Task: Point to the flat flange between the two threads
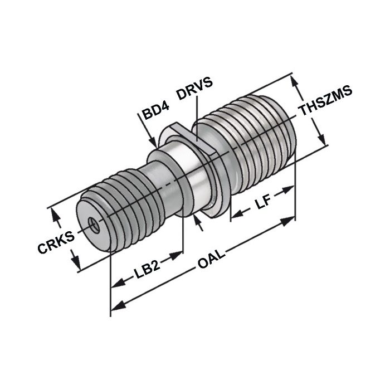coord(209,167)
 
